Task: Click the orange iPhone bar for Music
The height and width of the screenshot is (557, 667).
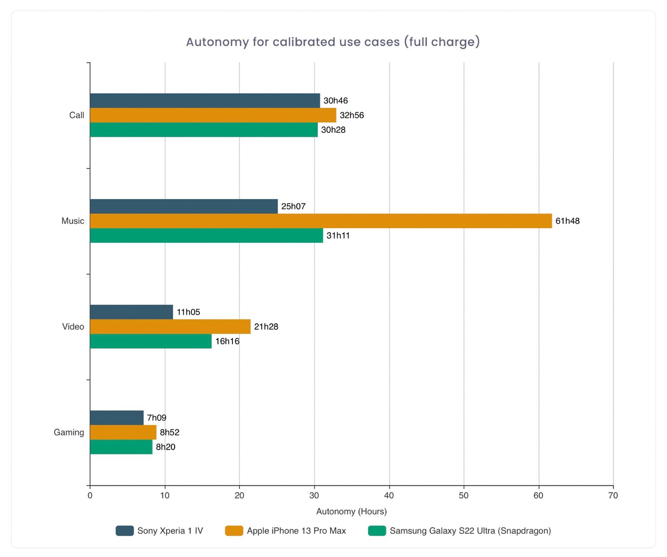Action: point(321,221)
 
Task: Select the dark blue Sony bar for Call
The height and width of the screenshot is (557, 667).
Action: point(205,101)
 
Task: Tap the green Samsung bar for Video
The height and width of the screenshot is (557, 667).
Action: point(150,341)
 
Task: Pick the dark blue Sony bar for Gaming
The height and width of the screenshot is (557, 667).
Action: point(117,418)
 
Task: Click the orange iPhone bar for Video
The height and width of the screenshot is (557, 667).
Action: point(170,327)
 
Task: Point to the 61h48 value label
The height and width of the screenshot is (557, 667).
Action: point(567,221)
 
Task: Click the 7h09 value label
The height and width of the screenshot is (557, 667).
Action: point(156,418)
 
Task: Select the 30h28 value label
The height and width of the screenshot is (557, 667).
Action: point(333,130)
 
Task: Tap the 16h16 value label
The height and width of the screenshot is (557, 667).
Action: point(227,341)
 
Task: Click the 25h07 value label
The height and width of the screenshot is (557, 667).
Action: point(293,207)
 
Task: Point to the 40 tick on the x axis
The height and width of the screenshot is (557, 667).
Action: point(389,495)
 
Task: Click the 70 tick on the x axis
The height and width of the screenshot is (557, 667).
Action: point(613,495)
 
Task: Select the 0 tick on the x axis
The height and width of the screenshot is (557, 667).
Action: point(90,495)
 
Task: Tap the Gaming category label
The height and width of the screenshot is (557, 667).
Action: point(69,433)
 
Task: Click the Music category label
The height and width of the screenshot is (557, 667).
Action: point(73,221)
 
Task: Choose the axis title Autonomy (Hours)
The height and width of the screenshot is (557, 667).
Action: point(351,512)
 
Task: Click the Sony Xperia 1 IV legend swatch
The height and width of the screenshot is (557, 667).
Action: point(124,531)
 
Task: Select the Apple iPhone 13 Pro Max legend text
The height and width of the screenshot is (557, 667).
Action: point(296,531)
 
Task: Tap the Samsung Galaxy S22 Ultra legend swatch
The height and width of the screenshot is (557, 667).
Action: point(377,531)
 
